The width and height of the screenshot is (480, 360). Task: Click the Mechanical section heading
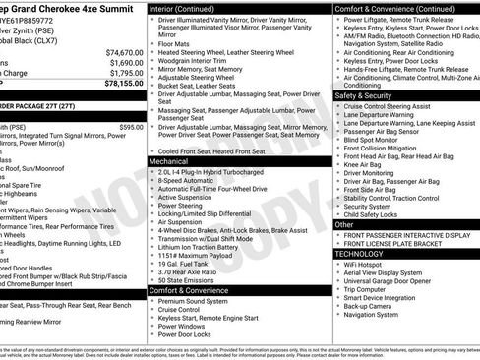pos(169,159)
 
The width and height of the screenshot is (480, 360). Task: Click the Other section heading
pos(345,224)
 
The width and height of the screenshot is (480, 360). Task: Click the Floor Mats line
pos(175,43)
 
